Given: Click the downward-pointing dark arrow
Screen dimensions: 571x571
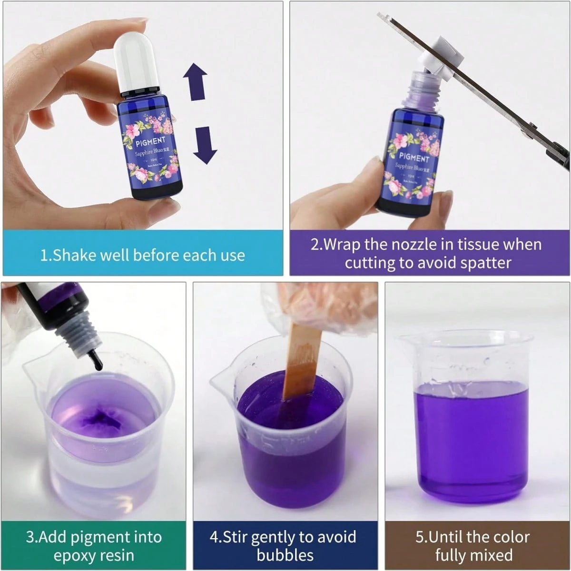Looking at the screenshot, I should coord(205,145).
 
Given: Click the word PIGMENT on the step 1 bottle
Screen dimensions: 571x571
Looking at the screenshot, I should coord(150,141).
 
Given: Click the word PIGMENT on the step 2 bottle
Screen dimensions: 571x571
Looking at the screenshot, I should coord(413,157).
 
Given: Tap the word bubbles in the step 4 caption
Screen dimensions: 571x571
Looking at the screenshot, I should coord(285,555).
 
